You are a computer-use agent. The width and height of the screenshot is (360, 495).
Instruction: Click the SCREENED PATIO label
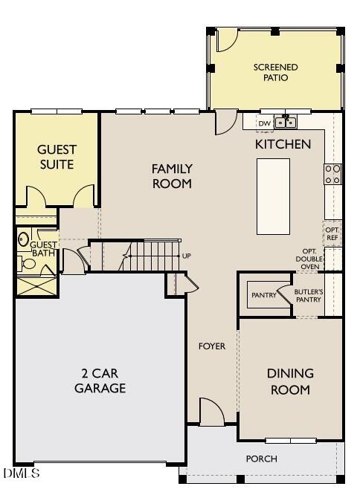tap(275, 72)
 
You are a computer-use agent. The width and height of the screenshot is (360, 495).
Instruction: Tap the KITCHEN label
tap(283, 144)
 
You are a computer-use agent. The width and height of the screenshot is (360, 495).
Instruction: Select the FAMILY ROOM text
tap(172, 176)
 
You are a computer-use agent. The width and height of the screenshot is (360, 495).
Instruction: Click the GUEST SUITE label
tap(57, 157)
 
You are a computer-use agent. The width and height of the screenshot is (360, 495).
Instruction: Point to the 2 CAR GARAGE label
tap(100, 381)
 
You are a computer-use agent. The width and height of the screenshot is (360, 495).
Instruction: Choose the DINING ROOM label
tap(290, 381)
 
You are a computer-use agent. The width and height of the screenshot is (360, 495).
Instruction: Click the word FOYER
tap(211, 346)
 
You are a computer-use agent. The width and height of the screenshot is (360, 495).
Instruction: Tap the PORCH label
tap(261, 459)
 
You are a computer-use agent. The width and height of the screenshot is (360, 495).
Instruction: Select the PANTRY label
tap(263, 295)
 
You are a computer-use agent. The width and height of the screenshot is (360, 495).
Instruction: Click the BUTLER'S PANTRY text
tap(308, 296)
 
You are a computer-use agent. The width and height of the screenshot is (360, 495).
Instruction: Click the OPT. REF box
tap(332, 233)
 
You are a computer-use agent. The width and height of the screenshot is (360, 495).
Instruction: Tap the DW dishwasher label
tap(264, 123)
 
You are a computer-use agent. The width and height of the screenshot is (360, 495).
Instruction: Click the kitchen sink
tap(286, 123)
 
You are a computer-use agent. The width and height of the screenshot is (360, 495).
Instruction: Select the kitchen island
tap(273, 196)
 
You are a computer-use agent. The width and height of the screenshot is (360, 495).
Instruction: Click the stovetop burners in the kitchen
tap(332, 174)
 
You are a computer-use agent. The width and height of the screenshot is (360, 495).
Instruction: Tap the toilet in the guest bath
tap(25, 240)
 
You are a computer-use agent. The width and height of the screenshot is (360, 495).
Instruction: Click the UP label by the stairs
tap(186, 256)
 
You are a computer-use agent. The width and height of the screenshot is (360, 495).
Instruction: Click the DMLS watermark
tap(21, 473)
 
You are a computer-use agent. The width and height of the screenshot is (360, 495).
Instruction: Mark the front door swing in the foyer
tap(211, 411)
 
